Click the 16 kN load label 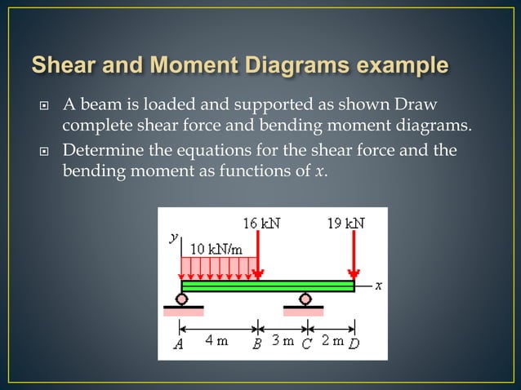point(262,222)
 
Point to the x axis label point(379,286)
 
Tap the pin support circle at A point(181,299)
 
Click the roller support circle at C point(305,299)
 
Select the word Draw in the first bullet point(416,104)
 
